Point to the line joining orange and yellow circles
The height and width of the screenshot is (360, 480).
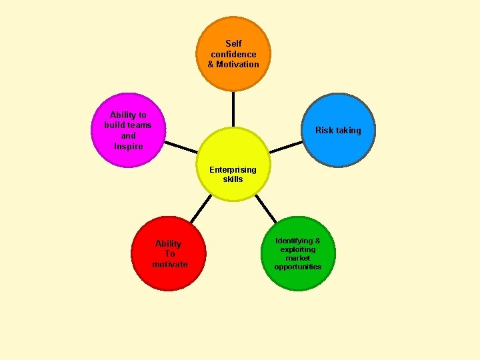(233, 109)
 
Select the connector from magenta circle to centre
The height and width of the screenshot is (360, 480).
(181, 147)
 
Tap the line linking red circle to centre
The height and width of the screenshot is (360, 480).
(197, 209)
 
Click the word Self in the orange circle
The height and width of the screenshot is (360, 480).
(233, 43)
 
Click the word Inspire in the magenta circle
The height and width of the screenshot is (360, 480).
(128, 146)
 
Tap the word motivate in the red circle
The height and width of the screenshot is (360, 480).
(169, 264)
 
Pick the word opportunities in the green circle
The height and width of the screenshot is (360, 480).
(297, 267)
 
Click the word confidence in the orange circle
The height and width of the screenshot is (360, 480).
(233, 54)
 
